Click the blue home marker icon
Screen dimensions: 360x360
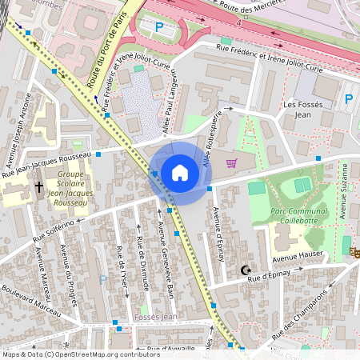[180, 172]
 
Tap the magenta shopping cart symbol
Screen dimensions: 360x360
[232, 163]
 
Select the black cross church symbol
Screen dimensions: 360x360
[38, 186]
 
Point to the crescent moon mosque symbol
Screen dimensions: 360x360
[246, 270]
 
